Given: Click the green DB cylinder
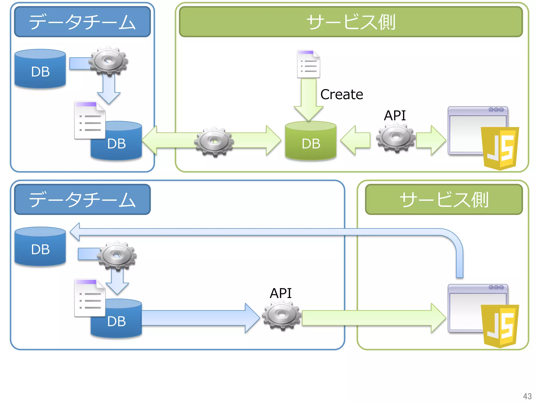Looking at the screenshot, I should point(311,142).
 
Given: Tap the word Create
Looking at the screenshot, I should point(342,94).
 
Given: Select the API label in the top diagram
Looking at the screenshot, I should point(395,115).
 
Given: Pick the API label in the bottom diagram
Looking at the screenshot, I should point(281,293).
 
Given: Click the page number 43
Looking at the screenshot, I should point(527,396).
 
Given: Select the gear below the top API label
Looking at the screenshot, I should point(396,138).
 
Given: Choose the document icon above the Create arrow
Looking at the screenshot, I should point(308,64).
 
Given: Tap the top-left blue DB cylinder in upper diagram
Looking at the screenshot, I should point(40,70).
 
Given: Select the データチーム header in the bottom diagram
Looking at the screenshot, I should point(82,200).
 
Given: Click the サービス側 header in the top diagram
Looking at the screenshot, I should point(351,22).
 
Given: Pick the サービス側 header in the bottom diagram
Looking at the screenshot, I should point(444,200).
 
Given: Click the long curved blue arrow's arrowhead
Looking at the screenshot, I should point(76,232).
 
